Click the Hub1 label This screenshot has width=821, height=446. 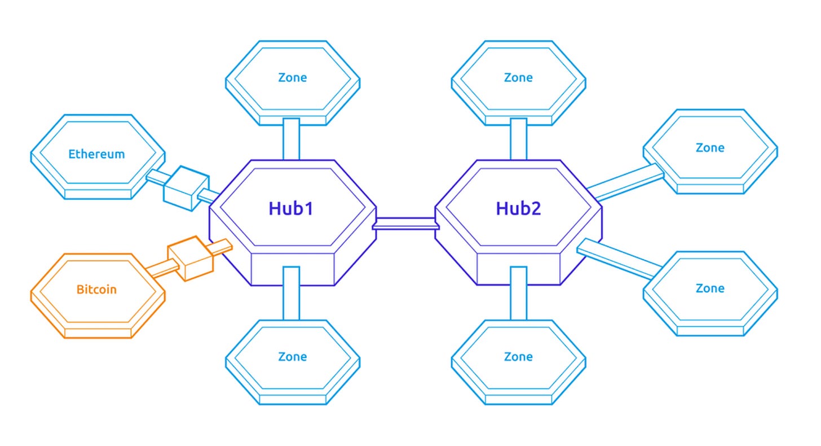point(291,208)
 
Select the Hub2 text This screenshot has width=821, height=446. point(518,208)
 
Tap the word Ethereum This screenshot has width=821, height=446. point(96,154)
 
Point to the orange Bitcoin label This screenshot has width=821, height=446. point(96,289)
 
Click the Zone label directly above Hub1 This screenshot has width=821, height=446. point(293,77)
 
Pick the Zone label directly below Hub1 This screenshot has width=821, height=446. point(293,356)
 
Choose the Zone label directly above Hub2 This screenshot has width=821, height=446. point(518,77)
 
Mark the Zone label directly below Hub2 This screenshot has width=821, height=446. point(518,356)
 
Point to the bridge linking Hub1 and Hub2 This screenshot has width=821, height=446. point(405,223)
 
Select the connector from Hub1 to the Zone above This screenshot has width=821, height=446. point(291,139)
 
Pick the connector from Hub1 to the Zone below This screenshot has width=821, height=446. point(291,293)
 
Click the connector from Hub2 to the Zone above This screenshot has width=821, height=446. point(518,139)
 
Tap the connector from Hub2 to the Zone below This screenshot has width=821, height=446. point(518,293)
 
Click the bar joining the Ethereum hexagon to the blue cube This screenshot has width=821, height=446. point(156,177)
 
